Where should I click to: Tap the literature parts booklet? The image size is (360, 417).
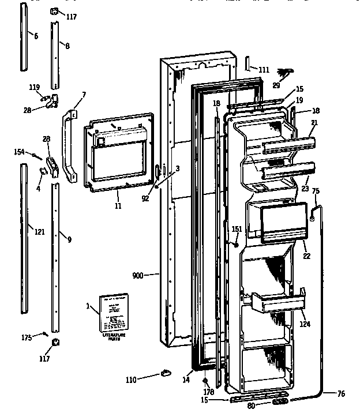pyautogui.click(x=114, y=313)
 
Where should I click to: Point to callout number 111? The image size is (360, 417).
pyautogui.click(x=263, y=70)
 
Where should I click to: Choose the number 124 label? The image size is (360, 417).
pyautogui.click(x=305, y=324)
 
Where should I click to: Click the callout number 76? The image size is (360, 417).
pyautogui.click(x=341, y=394)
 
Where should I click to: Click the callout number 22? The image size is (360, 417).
pyautogui.click(x=306, y=256)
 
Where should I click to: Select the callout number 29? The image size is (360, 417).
pyautogui.click(x=276, y=85)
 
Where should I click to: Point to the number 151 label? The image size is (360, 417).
pyautogui.click(x=236, y=230)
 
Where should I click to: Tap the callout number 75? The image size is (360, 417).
pyautogui.click(x=315, y=191)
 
